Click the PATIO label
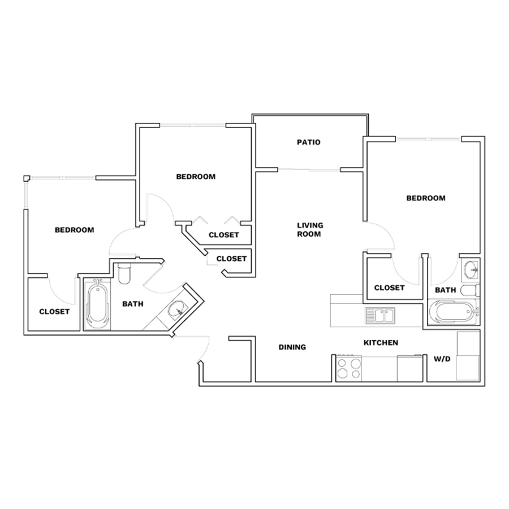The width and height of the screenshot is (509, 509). [308, 142]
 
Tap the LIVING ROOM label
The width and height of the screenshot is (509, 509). [310, 230]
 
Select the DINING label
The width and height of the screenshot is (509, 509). [292, 347]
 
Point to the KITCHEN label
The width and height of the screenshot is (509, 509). [381, 343]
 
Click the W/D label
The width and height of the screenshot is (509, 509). [442, 359]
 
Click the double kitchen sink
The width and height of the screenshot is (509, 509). [380, 316]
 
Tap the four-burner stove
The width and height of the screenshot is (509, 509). [349, 368]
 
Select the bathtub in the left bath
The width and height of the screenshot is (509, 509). [97, 305]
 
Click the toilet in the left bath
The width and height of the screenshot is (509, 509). [124, 273]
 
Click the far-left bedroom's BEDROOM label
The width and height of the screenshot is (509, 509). [74, 230]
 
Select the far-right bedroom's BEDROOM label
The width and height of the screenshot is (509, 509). [426, 198]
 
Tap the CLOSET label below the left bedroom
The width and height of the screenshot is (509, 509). [54, 312]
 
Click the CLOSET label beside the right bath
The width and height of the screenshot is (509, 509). [389, 288]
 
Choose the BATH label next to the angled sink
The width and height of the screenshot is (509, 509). [133, 304]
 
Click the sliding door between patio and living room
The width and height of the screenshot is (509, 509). [309, 169]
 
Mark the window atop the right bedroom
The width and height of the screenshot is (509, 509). [429, 139]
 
